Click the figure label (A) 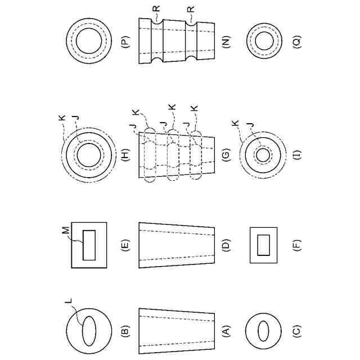coord(226,331)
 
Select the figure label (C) coord(297,331)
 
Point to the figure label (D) coord(226,245)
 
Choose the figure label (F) coord(297,245)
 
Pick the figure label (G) coord(226,155)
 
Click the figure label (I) coord(297,155)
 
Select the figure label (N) coord(226,41)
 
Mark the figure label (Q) coord(297,41)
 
